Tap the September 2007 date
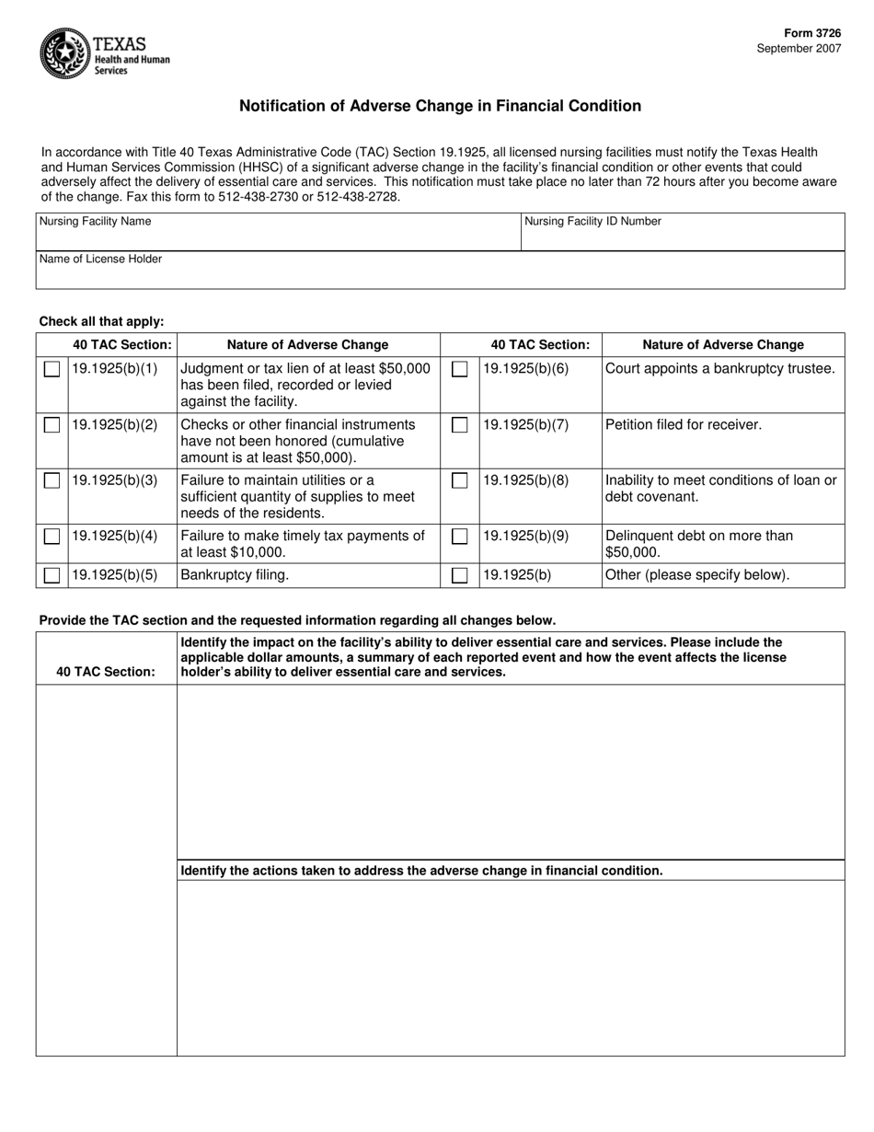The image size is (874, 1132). [799, 49]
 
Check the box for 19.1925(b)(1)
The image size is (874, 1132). [52, 370]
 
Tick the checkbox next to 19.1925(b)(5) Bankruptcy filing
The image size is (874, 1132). [52, 576]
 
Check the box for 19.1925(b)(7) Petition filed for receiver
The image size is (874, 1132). [459, 425]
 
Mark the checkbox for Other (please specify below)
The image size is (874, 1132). [459, 576]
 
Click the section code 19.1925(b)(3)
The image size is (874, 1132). [115, 480]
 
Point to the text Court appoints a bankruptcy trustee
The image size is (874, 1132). [720, 369]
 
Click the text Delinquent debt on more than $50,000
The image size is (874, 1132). [699, 544]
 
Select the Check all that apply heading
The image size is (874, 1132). [101, 321]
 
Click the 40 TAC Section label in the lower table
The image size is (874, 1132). [106, 672]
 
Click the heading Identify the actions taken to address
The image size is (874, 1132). [421, 871]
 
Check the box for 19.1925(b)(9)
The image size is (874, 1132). [459, 536]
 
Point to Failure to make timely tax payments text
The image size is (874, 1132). [303, 536]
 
